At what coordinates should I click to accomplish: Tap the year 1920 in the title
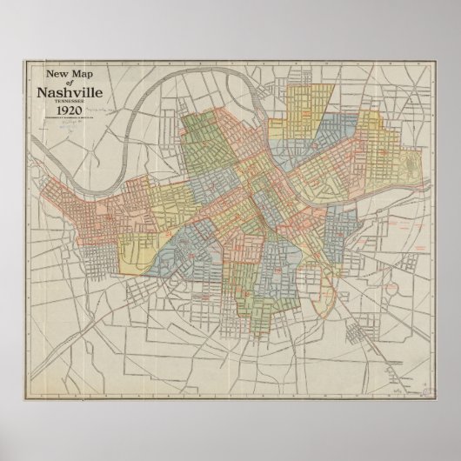pyautogui.click(x=76, y=110)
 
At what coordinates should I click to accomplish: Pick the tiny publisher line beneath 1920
pyautogui.click(x=76, y=120)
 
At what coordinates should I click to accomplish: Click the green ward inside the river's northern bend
pyautogui.click(x=209, y=139)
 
